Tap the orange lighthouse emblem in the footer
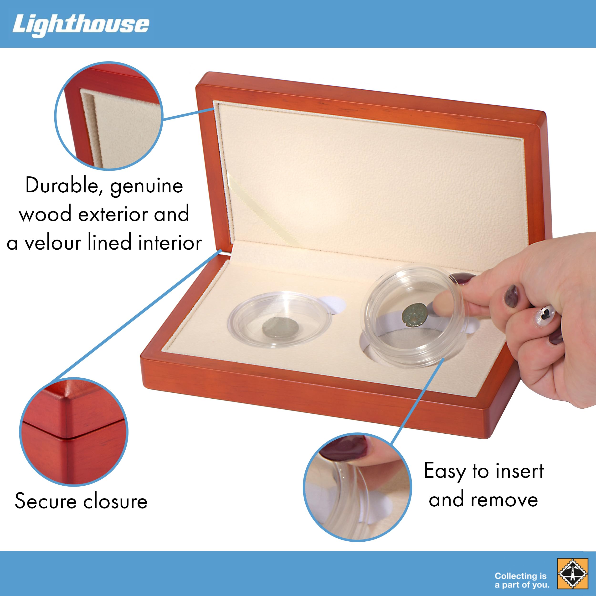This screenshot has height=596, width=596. coord(573,573)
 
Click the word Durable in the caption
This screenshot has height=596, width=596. coord(62,185)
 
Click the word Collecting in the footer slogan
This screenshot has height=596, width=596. coord(516,576)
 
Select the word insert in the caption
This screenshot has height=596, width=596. coord(520,471)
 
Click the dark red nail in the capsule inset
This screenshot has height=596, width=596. coord(344,448)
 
